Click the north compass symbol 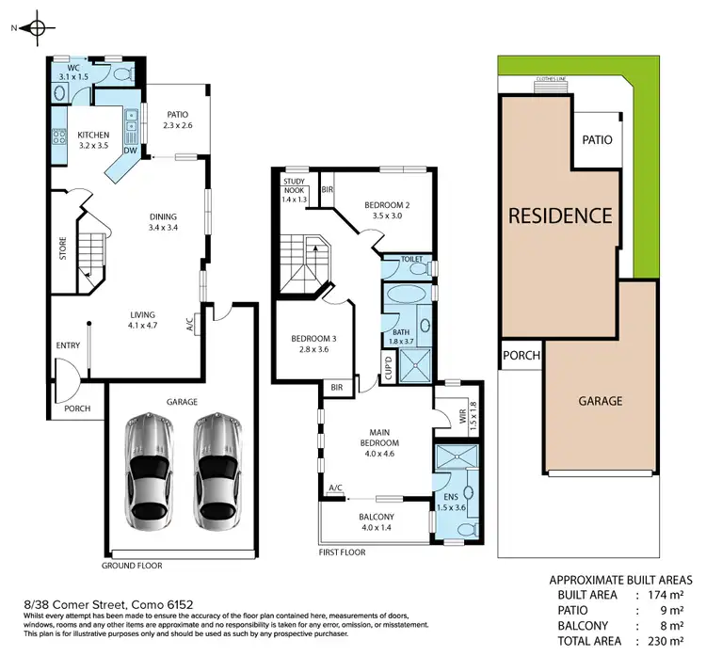click(x=36, y=27)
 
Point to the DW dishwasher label click(x=132, y=150)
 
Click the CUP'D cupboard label click(x=386, y=367)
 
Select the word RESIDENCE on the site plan click(x=560, y=215)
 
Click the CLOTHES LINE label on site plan click(x=550, y=80)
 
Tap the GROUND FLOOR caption click(x=132, y=566)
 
